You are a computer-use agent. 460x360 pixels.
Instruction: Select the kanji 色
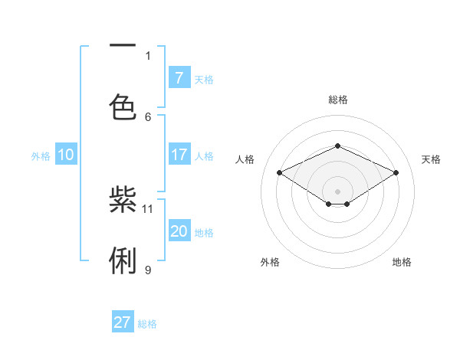point(123,106)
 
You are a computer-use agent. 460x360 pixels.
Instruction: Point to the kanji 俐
point(123,260)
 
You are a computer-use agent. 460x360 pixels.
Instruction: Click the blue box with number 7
point(179,77)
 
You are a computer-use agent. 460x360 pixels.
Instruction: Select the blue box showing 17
point(179,155)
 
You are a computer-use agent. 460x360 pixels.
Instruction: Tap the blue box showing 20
point(179,231)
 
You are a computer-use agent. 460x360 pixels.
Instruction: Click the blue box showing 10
point(66,155)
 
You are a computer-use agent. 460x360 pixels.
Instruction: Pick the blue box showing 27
point(123,322)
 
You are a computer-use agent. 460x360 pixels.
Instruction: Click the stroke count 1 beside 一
point(148,55)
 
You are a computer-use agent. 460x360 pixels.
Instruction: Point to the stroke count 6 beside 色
point(148,116)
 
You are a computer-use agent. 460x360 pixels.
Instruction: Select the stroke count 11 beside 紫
point(148,208)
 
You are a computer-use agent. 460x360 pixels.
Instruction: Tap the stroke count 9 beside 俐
point(148,270)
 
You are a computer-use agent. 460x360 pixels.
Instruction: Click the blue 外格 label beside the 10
point(41,155)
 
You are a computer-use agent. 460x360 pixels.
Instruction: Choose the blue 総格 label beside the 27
point(147,323)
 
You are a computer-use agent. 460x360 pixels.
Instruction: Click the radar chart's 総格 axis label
point(337,100)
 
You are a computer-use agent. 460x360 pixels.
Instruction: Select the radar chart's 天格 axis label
point(431,159)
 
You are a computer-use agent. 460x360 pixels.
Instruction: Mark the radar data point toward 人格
point(280,172)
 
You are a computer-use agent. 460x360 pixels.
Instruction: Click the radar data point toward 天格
point(396,172)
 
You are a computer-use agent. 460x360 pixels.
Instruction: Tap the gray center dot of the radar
point(337,191)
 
